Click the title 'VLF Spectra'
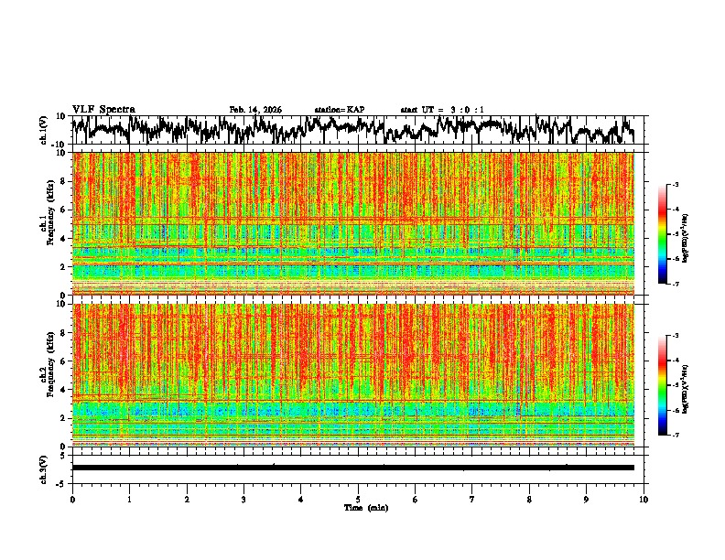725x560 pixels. (103, 110)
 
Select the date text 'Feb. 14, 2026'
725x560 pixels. (255, 110)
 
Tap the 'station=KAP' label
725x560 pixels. (340, 110)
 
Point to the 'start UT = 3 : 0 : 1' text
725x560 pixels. (442, 110)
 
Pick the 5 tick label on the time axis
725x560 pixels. (358, 499)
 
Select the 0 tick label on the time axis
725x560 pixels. (72, 499)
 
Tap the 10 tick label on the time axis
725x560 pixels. (644, 499)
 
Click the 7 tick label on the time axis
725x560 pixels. (472, 499)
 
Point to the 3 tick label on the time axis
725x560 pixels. (243, 499)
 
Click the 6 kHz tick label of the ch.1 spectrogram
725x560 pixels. (63, 210)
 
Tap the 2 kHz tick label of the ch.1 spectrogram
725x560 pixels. (63, 266)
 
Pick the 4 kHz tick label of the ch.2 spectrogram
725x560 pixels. (63, 389)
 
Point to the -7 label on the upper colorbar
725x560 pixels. (676, 284)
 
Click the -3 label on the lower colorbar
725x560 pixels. (676, 336)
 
